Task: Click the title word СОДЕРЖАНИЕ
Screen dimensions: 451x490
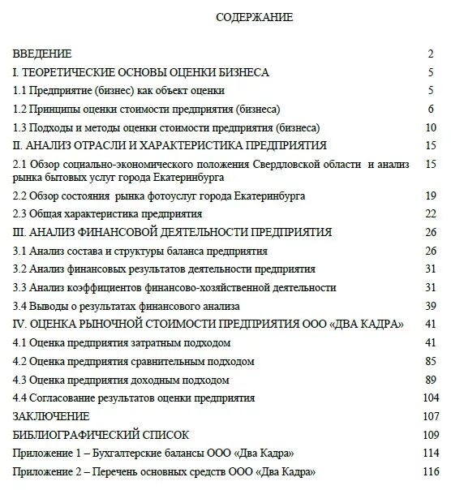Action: click(x=254, y=16)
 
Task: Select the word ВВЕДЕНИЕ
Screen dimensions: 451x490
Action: click(x=42, y=54)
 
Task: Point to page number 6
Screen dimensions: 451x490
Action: click(x=432, y=109)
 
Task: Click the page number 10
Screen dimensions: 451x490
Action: click(x=430, y=127)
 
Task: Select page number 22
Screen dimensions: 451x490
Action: click(x=430, y=214)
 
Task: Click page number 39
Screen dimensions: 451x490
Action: click(x=430, y=306)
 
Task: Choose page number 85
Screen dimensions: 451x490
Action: click(x=430, y=360)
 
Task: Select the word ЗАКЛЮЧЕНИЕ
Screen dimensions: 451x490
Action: click(x=49, y=415)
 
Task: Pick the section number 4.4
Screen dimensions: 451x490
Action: click(x=21, y=398)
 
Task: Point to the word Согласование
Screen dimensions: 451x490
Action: click(x=63, y=398)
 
